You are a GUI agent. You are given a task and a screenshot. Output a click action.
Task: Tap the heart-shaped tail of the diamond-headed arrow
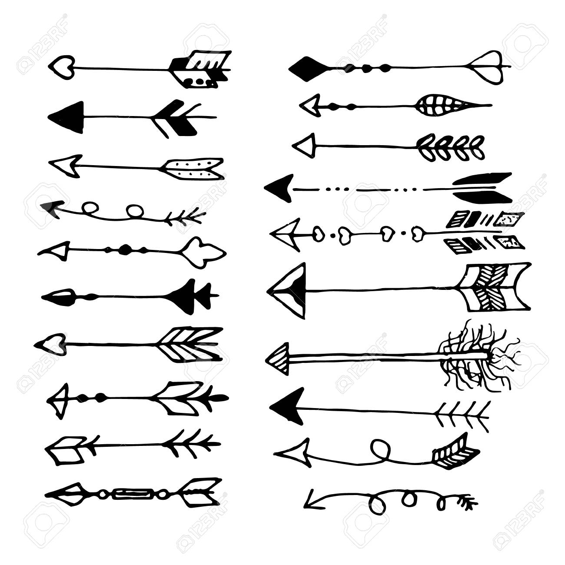(489, 68)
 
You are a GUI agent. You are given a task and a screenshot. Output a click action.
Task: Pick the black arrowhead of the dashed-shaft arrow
(279, 188)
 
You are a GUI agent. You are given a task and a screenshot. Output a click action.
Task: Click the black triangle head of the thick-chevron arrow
(66, 117)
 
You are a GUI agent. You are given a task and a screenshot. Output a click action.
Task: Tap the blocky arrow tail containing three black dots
(200, 69)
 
